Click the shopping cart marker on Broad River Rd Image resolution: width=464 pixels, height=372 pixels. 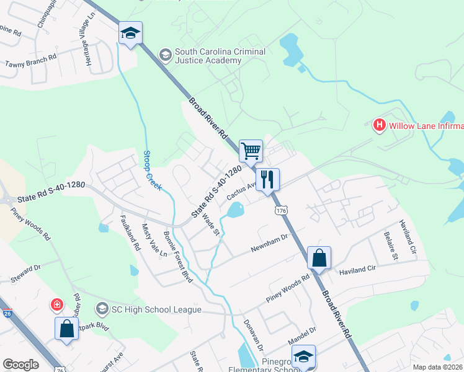click(251, 151)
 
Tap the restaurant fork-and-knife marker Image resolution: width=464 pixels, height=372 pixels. click(268, 180)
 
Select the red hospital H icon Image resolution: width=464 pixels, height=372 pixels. click(379, 126)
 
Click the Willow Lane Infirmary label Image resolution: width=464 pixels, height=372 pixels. click(426, 126)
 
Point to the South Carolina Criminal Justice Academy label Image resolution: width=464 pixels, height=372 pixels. click(220, 56)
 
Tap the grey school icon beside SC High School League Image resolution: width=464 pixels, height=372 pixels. click(102, 308)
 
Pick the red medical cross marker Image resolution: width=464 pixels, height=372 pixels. click(56, 304)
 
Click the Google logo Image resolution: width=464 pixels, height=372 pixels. click(21, 365)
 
